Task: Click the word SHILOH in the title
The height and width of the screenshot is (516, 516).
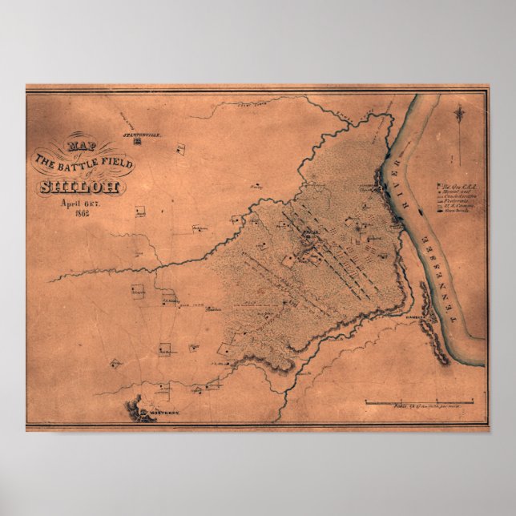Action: pos(79,187)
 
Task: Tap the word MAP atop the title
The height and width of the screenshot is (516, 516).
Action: pos(79,147)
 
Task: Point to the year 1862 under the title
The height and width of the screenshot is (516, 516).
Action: pos(83,214)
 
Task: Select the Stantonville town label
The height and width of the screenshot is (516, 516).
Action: pos(143,137)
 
